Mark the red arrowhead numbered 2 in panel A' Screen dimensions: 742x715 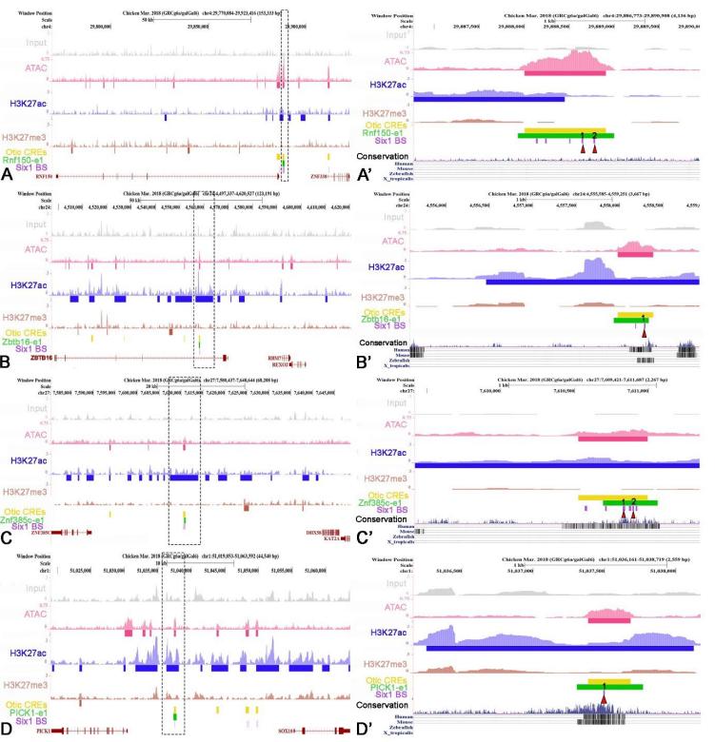tap(594, 148)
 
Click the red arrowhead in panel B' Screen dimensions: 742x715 tap(645, 331)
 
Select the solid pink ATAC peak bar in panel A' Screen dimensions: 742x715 tap(565, 72)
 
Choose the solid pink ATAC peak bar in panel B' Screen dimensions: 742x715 tap(635, 254)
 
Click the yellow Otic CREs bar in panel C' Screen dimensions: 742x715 tap(613, 497)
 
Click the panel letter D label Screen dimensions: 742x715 tap(8, 730)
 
